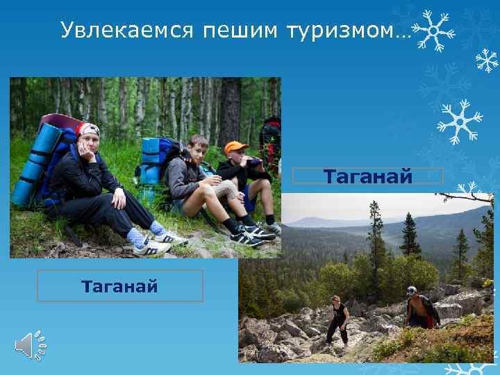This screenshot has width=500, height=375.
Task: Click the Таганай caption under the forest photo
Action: coord(119,285)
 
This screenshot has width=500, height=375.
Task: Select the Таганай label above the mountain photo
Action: coord(368,176)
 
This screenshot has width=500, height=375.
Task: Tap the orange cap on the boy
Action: coord(235,147)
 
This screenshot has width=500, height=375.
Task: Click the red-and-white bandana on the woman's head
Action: coord(88,129)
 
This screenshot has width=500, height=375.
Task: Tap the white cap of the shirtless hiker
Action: coord(412,290)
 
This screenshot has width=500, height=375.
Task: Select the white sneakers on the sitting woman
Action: coord(160,243)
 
